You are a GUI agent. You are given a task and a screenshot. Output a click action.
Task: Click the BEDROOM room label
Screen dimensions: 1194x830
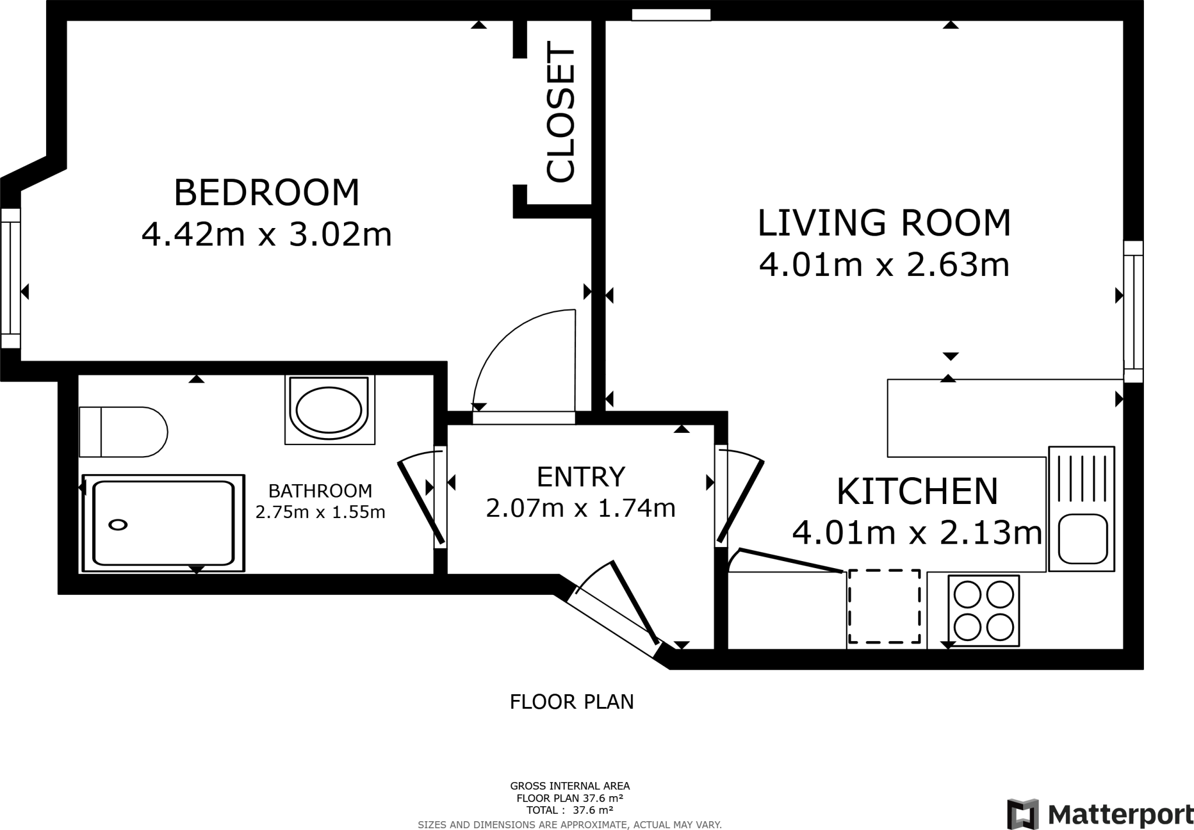(x=267, y=192)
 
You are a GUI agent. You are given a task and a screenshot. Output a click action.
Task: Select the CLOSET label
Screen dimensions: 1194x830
(x=561, y=114)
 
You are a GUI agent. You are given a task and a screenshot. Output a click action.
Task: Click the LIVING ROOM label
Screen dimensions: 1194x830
(x=884, y=223)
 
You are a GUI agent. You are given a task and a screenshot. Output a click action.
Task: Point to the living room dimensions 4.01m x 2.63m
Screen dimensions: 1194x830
(x=884, y=265)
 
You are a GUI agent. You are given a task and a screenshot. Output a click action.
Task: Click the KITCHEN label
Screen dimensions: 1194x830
(x=917, y=491)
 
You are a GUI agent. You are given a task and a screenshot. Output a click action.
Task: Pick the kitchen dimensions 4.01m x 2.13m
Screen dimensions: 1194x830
(x=917, y=533)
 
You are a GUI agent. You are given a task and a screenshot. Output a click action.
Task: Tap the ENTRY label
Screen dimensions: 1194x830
(x=581, y=477)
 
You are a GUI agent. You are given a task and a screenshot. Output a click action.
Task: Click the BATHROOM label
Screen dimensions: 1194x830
(x=320, y=491)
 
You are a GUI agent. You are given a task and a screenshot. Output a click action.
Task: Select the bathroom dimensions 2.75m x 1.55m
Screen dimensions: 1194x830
(x=320, y=512)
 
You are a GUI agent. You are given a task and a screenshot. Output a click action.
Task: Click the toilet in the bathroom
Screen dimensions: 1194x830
(x=124, y=432)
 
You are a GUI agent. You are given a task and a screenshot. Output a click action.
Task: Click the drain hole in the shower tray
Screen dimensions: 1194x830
(x=118, y=524)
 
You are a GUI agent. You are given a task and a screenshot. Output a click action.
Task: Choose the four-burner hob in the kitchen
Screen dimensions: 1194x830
(x=984, y=610)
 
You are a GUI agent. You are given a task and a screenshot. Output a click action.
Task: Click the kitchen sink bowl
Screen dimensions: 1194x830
(x=1083, y=539)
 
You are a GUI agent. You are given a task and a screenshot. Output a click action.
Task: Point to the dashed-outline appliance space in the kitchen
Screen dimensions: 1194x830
(x=884, y=606)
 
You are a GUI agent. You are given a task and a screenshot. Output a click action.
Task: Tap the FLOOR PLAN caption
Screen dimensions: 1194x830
(x=571, y=702)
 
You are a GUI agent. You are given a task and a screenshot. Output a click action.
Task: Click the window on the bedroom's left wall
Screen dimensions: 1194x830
(x=10, y=278)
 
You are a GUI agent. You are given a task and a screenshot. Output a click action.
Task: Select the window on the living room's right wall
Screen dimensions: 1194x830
(x=1133, y=311)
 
